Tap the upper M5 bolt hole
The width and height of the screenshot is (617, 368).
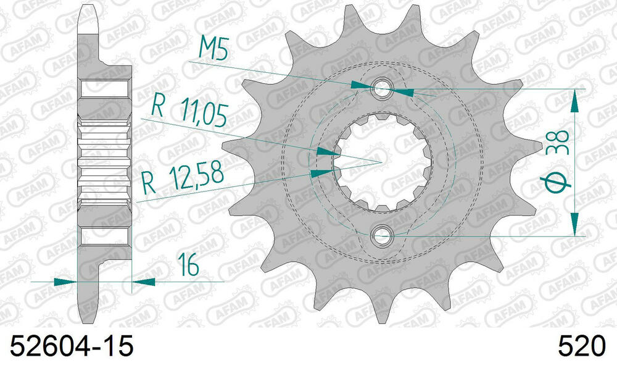pos(383,88)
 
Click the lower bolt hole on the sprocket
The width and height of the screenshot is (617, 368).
pos(383,235)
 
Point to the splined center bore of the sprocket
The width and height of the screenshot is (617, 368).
pos(383,162)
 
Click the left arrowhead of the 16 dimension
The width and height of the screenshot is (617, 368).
pos(65,282)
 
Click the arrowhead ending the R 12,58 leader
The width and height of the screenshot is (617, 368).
pos(320,174)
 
